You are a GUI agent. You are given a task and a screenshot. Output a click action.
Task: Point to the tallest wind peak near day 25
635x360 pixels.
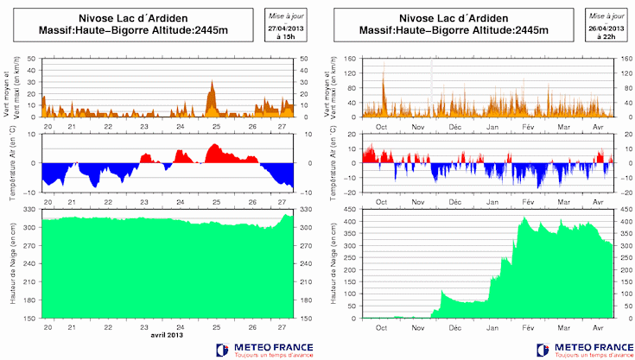click(213, 83)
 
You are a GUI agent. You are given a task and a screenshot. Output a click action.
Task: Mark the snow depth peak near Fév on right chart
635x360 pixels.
click(523, 218)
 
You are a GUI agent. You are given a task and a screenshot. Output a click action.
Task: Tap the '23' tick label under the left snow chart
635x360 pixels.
click(144, 328)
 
